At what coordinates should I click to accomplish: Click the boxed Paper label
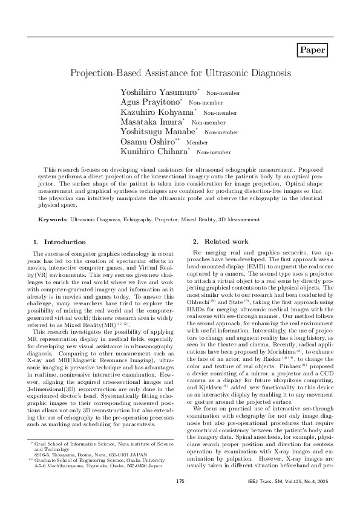(x=313, y=50)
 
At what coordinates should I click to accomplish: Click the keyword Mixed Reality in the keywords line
(x=200, y=219)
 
